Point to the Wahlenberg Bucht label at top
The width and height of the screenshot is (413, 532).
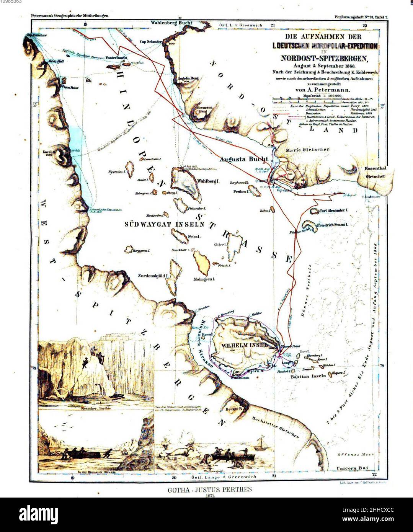(x=171, y=23)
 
